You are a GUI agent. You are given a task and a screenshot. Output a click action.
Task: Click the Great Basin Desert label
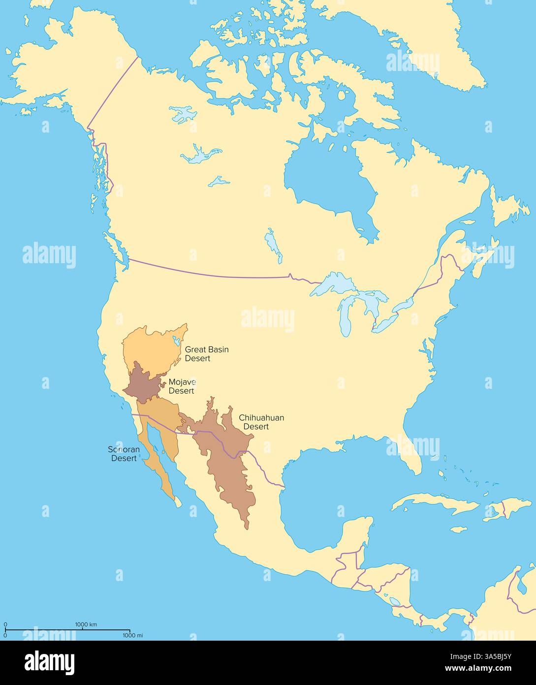pos(207,354)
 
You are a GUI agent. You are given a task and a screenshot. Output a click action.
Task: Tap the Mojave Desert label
pos(182,386)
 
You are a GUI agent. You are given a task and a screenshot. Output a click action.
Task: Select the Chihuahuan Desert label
pos(261,422)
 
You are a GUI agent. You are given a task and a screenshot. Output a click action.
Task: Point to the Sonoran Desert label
pos(124,454)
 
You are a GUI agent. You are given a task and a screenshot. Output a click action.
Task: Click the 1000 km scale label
pos(86,624)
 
